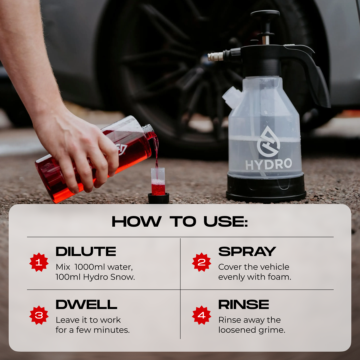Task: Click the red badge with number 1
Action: (x=39, y=262)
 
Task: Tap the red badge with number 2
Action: (x=201, y=262)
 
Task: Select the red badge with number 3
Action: (x=39, y=315)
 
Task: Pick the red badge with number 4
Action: (x=201, y=315)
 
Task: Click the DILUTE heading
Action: (x=86, y=251)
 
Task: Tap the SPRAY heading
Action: (x=247, y=251)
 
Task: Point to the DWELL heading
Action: (x=86, y=304)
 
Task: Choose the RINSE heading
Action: (x=244, y=304)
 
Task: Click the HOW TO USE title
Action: (x=180, y=222)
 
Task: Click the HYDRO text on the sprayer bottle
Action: (x=269, y=164)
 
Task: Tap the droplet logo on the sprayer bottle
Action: (x=268, y=142)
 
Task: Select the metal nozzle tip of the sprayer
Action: (x=215, y=57)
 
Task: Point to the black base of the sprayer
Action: (x=266, y=188)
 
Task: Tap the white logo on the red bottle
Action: (x=121, y=149)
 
